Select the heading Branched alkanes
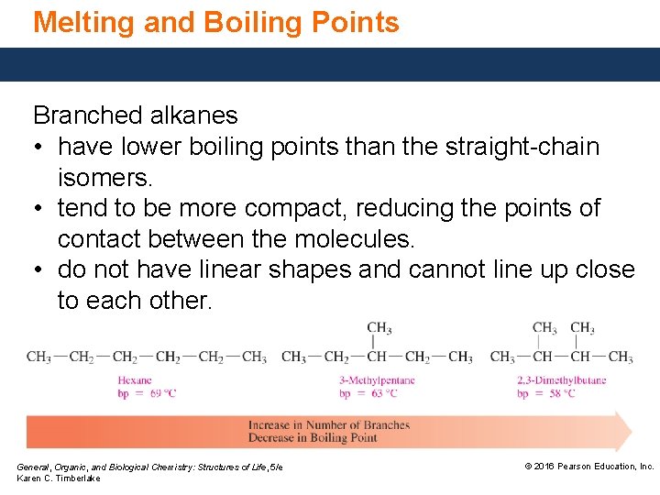[x=135, y=115]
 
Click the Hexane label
[x=135, y=380]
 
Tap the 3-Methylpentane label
[x=377, y=380]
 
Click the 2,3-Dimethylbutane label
[x=561, y=380]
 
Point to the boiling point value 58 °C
[x=558, y=393]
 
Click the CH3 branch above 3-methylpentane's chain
[x=379, y=328]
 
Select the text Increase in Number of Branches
[x=329, y=425]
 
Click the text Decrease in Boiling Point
[x=313, y=438]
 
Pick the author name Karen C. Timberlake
[x=59, y=478]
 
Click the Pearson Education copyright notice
[x=588, y=467]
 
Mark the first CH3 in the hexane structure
[x=39, y=357]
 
